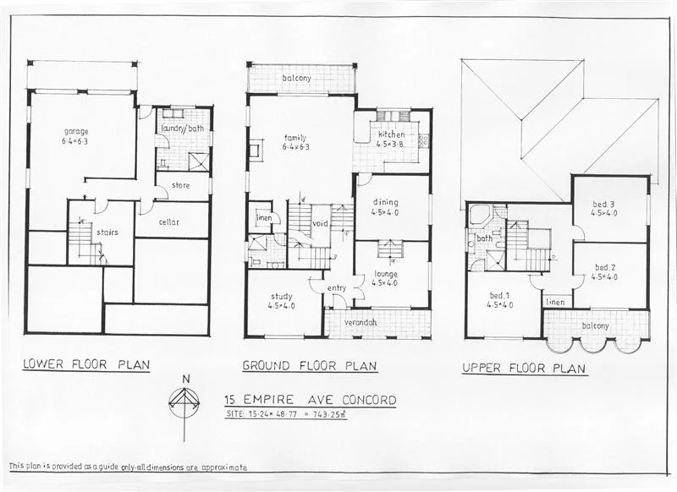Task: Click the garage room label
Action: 76,132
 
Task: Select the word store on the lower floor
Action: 181,185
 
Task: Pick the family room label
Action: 294,138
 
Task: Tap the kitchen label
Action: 391,134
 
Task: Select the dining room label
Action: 386,203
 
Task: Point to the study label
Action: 282,296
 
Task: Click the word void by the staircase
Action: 320,224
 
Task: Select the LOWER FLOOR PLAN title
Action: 86,365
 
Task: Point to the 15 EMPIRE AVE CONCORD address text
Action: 309,399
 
